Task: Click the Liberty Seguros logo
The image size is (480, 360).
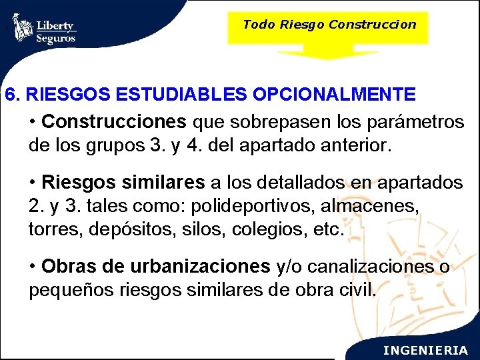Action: coord(45,29)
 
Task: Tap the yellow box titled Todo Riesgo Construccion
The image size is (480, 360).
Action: coord(329,25)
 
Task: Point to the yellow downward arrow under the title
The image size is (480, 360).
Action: coord(328,52)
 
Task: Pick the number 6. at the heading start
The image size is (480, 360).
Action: coord(13,95)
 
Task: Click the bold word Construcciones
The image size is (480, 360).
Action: coord(114,123)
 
